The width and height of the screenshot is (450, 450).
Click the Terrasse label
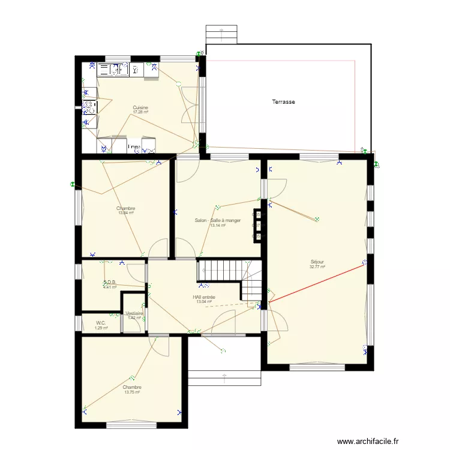tap(283, 102)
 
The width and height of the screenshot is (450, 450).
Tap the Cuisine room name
tap(140, 108)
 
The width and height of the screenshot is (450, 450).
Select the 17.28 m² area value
tap(140, 112)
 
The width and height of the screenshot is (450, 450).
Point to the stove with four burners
tap(89, 107)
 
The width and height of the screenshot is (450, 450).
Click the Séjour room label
tap(317, 262)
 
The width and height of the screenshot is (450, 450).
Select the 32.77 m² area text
tap(317, 267)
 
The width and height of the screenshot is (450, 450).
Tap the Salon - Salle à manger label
tap(217, 221)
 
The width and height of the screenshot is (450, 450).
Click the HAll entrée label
tap(204, 298)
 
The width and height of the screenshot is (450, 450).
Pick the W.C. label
tap(101, 323)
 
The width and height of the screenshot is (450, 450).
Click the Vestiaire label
tap(134, 313)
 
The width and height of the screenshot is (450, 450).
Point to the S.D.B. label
tap(109, 283)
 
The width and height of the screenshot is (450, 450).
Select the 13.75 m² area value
tap(132, 392)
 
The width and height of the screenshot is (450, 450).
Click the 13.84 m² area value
tap(126, 213)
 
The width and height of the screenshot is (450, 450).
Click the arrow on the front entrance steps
tap(224, 377)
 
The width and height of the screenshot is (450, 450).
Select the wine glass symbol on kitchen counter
tap(136, 70)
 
